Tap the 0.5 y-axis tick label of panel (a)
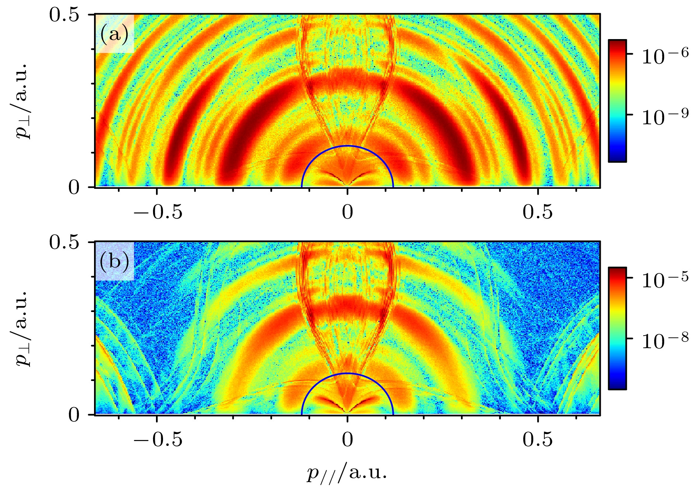tap(65, 16)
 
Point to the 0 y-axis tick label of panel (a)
tap(74, 188)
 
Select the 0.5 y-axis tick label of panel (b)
tap(65, 243)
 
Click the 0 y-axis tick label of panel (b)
tap(74, 416)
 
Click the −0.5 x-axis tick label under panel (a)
tap(158, 212)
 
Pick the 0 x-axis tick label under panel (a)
tap(347, 212)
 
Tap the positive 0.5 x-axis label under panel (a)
tap(538, 212)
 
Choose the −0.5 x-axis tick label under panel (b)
tap(158, 440)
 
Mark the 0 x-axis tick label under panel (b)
tap(347, 440)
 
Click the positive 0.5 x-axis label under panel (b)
tap(538, 440)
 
